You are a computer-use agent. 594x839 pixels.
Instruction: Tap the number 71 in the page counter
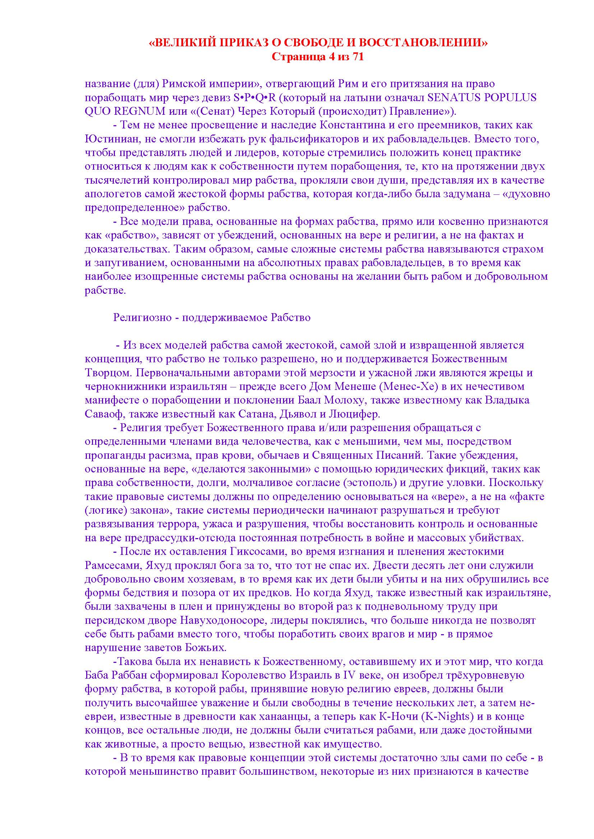[x=357, y=57]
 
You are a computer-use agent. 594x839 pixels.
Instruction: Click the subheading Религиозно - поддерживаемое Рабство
[x=212, y=317]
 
